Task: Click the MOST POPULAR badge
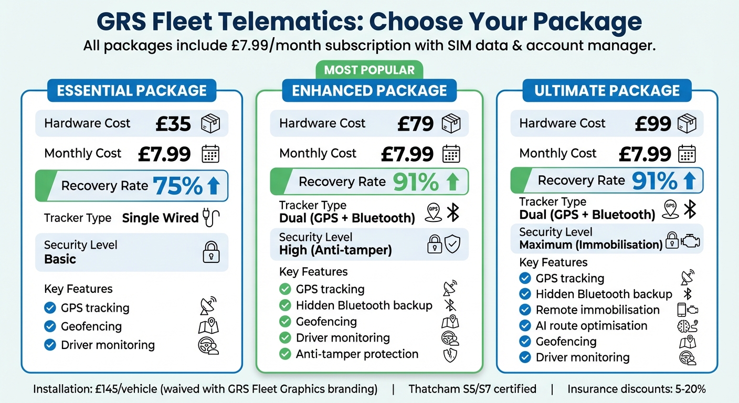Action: pyautogui.click(x=369, y=70)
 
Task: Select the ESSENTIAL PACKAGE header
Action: pyautogui.click(x=132, y=90)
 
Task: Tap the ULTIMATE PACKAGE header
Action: pyautogui.click(x=607, y=90)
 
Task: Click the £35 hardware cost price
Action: pyautogui.click(x=173, y=124)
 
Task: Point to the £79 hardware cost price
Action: pyautogui.click(x=415, y=124)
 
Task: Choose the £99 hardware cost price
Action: pyautogui.click(x=653, y=124)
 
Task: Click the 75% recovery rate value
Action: pyautogui.click(x=177, y=186)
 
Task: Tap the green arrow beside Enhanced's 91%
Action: pyautogui.click(x=453, y=182)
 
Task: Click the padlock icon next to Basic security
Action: pyautogui.click(x=210, y=253)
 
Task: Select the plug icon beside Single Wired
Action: pyautogui.click(x=211, y=218)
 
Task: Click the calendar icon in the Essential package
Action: pyautogui.click(x=210, y=154)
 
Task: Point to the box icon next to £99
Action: pyautogui.click(x=687, y=124)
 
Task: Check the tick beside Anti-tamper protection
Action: pyautogui.click(x=285, y=354)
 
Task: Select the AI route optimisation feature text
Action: pyautogui.click(x=591, y=326)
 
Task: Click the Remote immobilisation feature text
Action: pyautogui.click(x=597, y=310)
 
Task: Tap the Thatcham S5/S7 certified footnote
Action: pyautogui.click(x=472, y=389)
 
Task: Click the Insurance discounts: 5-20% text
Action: pyautogui.click(x=636, y=389)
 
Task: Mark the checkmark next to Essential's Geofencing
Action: pyautogui.click(x=50, y=326)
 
